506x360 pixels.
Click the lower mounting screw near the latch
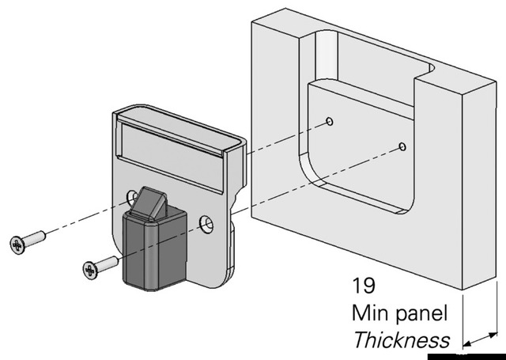click(100, 266)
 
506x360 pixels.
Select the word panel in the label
click(422, 313)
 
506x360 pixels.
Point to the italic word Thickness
click(401, 340)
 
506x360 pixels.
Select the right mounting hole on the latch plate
click(206, 224)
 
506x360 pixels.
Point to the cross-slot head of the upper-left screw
click(17, 244)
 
